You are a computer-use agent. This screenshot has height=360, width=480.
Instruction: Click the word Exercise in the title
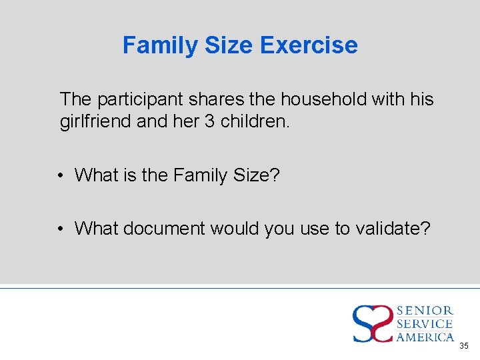coord(309,45)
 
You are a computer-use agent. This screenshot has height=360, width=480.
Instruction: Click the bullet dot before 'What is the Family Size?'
coord(60,176)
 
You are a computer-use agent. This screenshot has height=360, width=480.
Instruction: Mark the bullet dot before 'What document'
coord(60,229)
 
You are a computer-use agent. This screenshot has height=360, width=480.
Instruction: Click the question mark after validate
coord(426,229)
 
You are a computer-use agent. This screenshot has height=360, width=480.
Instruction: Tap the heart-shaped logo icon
coord(373,323)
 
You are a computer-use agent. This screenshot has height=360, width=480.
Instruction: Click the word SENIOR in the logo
coord(425,311)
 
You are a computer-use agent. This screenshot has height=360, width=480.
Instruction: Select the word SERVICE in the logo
coord(425,324)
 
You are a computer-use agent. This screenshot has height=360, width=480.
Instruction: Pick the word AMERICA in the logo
coord(425,337)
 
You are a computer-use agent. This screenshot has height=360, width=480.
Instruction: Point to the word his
coord(421,99)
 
